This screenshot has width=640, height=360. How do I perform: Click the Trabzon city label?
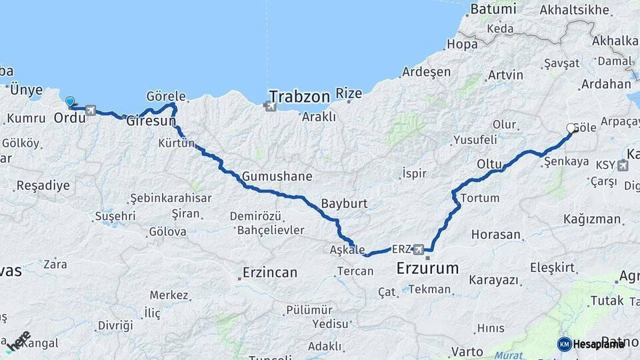[300, 97]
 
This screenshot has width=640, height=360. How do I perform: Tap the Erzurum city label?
[427, 269]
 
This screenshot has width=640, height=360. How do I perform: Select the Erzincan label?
[269, 273]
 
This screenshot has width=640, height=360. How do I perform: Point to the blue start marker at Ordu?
[70, 102]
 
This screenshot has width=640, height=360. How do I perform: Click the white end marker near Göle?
[571, 128]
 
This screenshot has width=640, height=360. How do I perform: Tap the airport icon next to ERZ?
[418, 249]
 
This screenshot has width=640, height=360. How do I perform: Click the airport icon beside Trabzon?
[270, 105]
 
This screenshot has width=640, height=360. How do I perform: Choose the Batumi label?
[493, 9]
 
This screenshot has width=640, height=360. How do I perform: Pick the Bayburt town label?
[344, 203]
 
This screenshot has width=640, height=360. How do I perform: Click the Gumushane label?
[277, 177]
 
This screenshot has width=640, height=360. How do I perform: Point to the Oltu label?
[489, 164]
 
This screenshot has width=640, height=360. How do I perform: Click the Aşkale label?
[347, 249]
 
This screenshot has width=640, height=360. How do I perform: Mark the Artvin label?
[505, 75]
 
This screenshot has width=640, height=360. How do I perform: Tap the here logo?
[18, 341]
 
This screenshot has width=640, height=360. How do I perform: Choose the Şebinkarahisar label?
[170, 198]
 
